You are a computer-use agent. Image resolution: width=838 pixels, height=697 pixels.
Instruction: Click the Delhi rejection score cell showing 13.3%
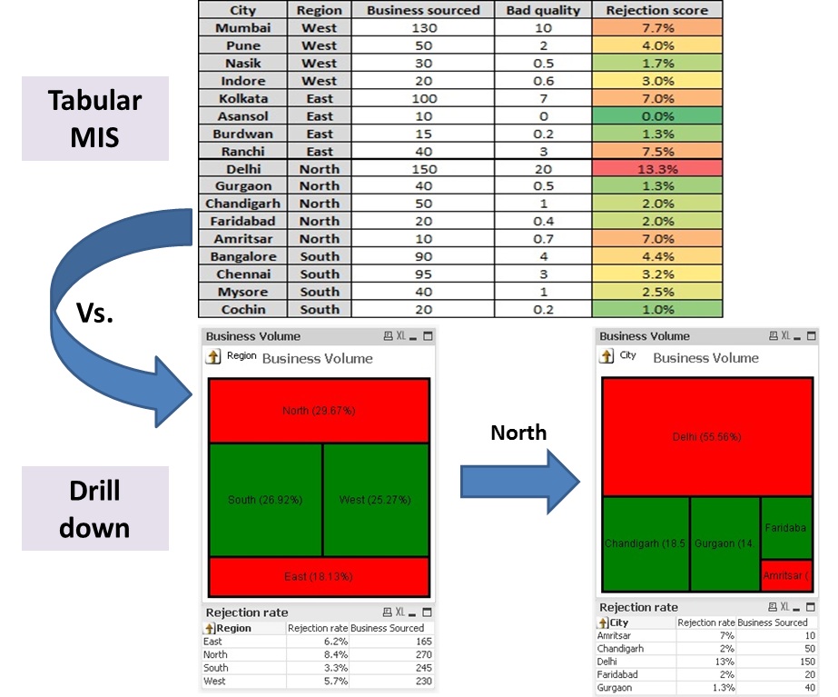click(x=657, y=169)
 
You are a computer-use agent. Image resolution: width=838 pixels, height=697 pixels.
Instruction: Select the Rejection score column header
click(x=657, y=10)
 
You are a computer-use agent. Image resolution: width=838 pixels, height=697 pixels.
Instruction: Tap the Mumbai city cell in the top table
click(x=243, y=28)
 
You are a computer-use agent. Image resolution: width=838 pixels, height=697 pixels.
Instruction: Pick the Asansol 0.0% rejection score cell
click(x=657, y=116)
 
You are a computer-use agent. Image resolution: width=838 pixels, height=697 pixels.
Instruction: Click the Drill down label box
click(x=95, y=508)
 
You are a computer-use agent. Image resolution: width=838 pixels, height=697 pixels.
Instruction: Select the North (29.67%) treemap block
click(x=319, y=411)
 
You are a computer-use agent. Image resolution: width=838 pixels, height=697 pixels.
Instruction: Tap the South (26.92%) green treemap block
click(x=265, y=499)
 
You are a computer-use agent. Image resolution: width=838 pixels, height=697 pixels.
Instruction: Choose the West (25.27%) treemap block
click(x=376, y=499)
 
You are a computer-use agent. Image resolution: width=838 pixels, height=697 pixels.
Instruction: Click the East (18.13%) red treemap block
click(x=319, y=576)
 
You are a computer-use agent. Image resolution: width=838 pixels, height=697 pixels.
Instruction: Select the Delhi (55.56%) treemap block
click(x=706, y=436)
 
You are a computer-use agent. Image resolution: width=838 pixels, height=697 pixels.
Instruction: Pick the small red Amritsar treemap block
click(x=786, y=575)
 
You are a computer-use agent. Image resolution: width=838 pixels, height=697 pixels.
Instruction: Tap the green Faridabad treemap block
click(x=786, y=527)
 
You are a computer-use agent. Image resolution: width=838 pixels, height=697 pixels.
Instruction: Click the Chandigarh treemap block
click(x=646, y=543)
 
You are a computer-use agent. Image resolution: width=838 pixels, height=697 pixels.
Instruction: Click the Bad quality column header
click(x=543, y=10)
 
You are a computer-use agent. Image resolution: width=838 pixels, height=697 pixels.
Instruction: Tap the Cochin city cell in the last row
click(x=243, y=309)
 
